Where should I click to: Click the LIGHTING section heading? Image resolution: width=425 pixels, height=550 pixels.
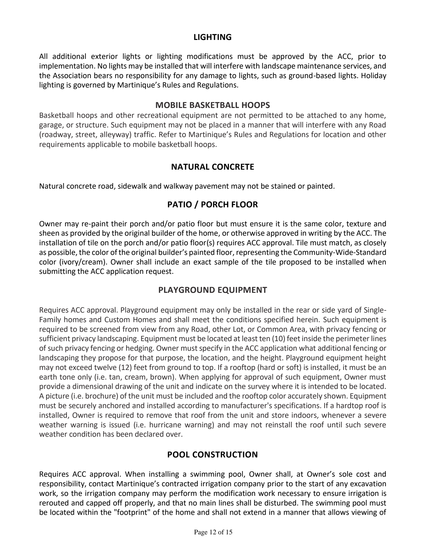coord(212,37)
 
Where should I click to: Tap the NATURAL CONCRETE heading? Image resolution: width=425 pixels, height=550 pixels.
coord(212,167)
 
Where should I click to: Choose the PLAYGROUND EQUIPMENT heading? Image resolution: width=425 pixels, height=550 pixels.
coord(212,290)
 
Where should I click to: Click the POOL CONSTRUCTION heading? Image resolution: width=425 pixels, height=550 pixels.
coord(212,454)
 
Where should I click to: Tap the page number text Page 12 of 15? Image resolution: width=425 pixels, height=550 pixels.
coord(213,532)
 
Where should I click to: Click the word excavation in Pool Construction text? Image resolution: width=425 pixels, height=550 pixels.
coord(368,484)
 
